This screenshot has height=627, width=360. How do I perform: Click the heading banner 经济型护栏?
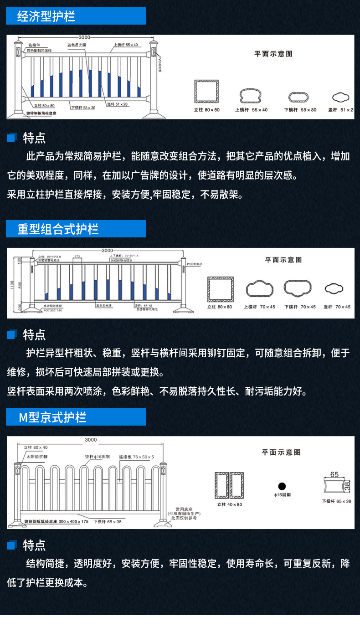pyautogui.click(x=76, y=16)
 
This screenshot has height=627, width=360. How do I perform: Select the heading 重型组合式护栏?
pyautogui.click(x=76, y=229)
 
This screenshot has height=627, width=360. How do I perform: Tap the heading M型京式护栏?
pyautogui.click(x=76, y=417)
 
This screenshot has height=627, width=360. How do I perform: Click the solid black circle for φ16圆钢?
pyautogui.click(x=282, y=486)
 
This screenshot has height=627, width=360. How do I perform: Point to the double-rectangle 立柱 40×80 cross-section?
pyautogui.click(x=229, y=486)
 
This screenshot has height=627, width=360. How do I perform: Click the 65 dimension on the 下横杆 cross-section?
pyautogui.click(x=334, y=474)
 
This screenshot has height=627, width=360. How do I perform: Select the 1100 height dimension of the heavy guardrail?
pyautogui.click(x=13, y=285)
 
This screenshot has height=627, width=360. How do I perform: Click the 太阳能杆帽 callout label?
pyautogui.click(x=36, y=456)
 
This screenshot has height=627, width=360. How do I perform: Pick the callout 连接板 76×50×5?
pyautogui.click(x=136, y=456)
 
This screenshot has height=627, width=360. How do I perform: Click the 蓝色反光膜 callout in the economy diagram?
pyautogui.click(x=80, y=45)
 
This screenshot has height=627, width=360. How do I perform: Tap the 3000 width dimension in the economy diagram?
pyautogui.click(x=84, y=37)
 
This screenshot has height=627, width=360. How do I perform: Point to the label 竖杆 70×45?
pyautogui.click(x=337, y=307)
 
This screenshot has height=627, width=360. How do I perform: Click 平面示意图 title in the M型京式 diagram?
pyautogui.click(x=281, y=452)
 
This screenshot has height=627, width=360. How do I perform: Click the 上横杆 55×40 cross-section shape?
pyautogui.click(x=251, y=96)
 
